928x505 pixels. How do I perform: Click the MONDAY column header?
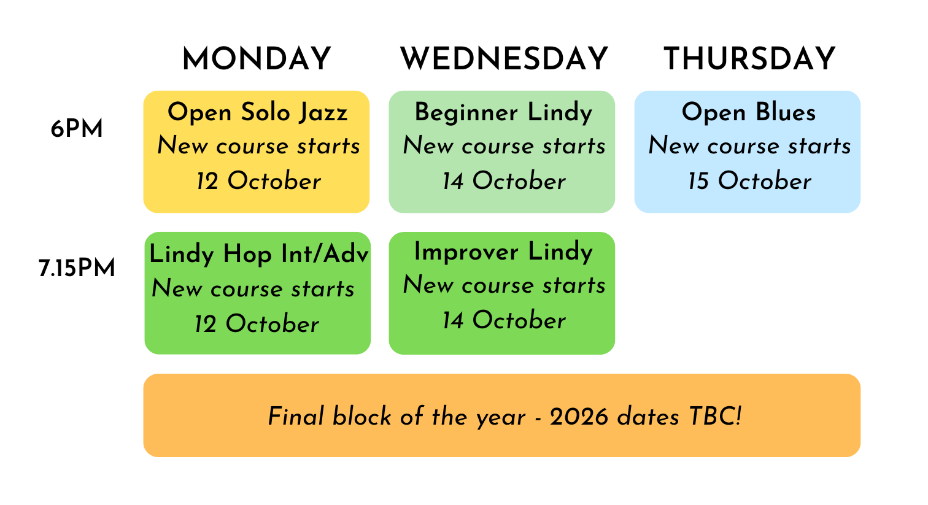[257, 59]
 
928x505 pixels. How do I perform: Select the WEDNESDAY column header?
[504, 59]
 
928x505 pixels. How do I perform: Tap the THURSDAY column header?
[749, 59]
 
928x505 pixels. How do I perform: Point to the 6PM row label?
[77, 129]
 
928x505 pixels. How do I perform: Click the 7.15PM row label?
[77, 268]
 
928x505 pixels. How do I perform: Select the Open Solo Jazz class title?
[257, 113]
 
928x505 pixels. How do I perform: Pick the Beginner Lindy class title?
[503, 113]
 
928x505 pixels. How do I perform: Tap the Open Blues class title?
[749, 112]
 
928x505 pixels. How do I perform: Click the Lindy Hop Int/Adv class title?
[258, 253]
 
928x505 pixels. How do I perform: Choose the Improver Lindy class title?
[503, 252]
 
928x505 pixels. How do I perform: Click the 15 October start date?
[749, 181]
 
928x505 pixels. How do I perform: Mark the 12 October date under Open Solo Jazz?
[258, 181]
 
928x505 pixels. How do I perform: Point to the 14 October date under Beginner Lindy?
[504, 181]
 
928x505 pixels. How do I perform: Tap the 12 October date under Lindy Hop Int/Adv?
[257, 323]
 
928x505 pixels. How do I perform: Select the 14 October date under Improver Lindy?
[504, 320]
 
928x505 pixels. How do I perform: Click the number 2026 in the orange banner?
[579, 417]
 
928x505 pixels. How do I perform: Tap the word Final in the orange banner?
[295, 417]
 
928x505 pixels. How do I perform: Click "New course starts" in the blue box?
[749, 146]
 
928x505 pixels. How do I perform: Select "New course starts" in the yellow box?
[258, 146]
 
